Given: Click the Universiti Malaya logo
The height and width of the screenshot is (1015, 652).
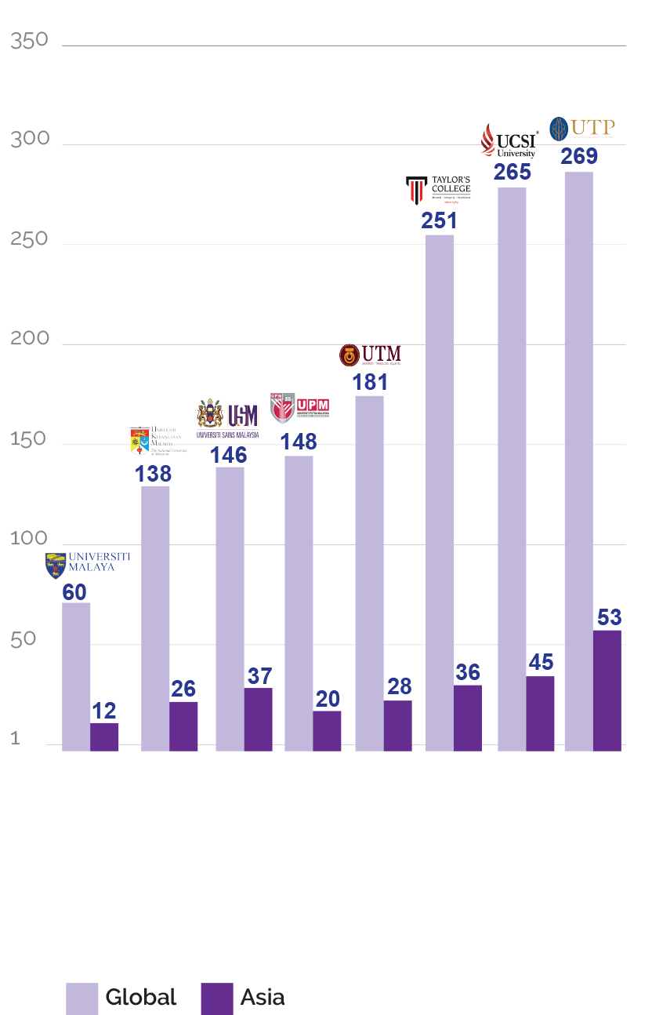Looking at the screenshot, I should pos(88,562).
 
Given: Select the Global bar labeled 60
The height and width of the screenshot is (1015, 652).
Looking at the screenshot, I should pos(76,676).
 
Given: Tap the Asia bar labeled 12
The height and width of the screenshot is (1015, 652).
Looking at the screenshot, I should pos(104,737).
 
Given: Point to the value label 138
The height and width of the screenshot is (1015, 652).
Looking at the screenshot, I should pos(153,474).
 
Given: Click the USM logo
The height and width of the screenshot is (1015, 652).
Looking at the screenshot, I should pos(228,418).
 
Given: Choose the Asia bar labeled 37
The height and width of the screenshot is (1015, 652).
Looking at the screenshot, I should pos(258,719).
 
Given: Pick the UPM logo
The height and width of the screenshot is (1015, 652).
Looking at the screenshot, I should pos(299,407).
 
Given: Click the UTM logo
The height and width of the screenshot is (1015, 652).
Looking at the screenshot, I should pos(370,355).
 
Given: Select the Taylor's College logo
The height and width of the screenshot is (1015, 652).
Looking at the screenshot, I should pos(439,189).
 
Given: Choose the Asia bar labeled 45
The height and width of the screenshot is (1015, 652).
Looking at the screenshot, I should pos(540,713).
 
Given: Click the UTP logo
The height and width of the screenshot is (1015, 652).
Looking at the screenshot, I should pos(581,128).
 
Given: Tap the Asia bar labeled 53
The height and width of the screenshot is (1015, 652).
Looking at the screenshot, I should pos(607,690).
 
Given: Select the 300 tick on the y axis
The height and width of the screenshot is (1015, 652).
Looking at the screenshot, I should pos(30,140).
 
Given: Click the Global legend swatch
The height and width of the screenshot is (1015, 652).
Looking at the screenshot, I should pos(81,998).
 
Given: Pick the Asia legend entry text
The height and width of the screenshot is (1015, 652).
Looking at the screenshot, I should pos(262,998).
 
